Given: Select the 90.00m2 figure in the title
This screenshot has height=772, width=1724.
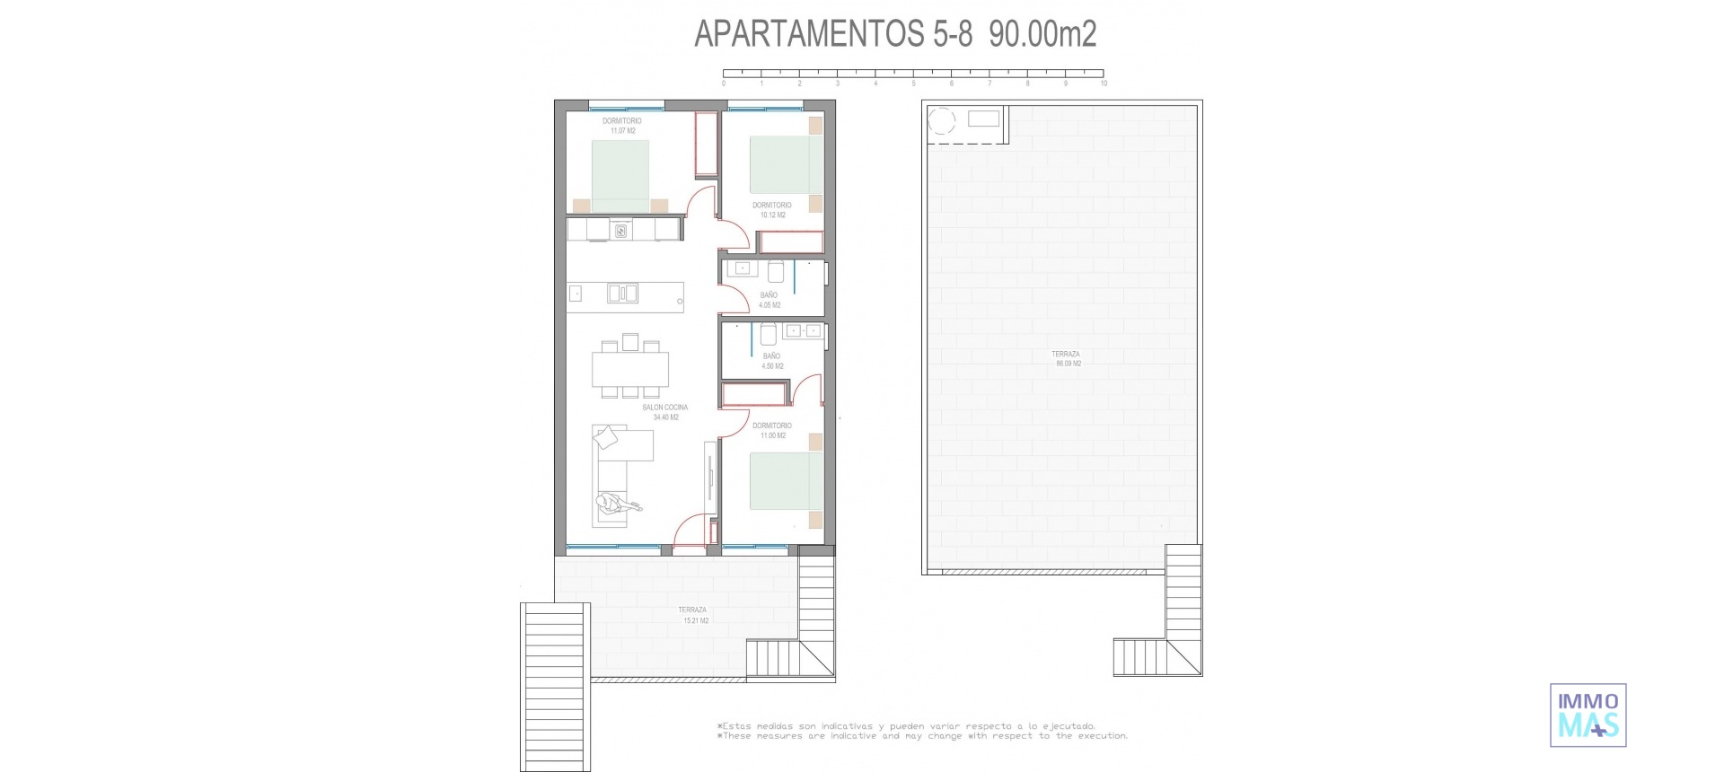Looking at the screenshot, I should click(x=1042, y=34).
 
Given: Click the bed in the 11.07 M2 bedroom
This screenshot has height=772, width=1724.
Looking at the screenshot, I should click(x=620, y=176).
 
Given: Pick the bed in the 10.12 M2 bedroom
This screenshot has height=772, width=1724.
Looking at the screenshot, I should click(x=787, y=164).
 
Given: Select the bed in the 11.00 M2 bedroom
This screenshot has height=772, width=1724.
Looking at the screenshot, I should click(x=787, y=481).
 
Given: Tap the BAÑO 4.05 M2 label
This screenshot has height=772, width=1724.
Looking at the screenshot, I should click(x=770, y=300).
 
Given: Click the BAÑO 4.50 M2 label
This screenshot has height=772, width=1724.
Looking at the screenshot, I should click(x=772, y=361).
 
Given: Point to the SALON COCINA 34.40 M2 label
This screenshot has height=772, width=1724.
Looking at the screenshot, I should click(x=665, y=412).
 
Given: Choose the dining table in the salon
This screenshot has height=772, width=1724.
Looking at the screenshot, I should click(x=630, y=368).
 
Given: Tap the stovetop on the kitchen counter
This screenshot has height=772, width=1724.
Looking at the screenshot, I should click(x=620, y=232).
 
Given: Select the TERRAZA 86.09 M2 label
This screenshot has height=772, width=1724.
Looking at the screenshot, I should click(x=1067, y=359).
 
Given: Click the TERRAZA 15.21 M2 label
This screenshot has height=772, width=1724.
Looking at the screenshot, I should click(x=693, y=615).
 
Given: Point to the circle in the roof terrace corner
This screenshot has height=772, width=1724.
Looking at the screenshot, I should click(x=943, y=120).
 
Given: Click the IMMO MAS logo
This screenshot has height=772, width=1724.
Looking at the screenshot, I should click(x=1588, y=715).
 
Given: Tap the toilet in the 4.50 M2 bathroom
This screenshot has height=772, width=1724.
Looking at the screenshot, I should click(x=769, y=335).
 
